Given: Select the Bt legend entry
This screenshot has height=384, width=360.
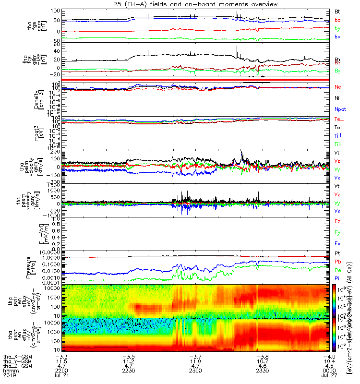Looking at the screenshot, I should pyautogui.click(x=337, y=11).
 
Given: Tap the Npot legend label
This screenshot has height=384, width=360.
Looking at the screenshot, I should pyautogui.click(x=340, y=109).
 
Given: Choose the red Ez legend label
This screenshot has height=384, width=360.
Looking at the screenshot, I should pyautogui.click(x=337, y=222).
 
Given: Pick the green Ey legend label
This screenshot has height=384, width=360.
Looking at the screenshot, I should pyautogui.click(x=337, y=233).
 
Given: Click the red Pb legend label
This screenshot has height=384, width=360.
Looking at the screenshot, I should pyautogui.click(x=337, y=262).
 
